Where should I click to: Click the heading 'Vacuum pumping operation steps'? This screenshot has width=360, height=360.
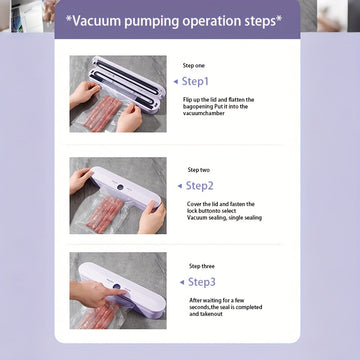pyautogui.click(x=174, y=21)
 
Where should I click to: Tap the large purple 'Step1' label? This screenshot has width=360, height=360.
pyautogui.click(x=195, y=82)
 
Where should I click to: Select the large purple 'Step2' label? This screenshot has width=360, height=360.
pyautogui.click(x=199, y=186)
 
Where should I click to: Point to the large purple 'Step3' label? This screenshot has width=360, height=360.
pyautogui.click(x=202, y=282)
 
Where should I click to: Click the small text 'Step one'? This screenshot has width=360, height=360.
pyautogui.click(x=194, y=66)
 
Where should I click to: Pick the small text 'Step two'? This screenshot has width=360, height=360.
pyautogui.click(x=199, y=170)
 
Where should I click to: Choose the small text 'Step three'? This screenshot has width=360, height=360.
pyautogui.click(x=202, y=266)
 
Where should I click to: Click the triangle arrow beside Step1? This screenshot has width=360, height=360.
pyautogui.click(x=176, y=82)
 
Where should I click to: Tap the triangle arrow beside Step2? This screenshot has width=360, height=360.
pyautogui.click(x=180, y=186)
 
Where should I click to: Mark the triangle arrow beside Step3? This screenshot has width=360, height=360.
pyautogui.click(x=182, y=282)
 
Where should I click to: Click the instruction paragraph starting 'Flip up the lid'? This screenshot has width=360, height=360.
pyautogui.click(x=218, y=106)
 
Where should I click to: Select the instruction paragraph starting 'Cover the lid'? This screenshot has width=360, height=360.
pyautogui.click(x=224, y=211)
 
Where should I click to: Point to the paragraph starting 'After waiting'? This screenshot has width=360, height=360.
pyautogui.click(x=226, y=307)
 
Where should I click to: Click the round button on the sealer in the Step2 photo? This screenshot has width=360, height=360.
pyautogui.click(x=120, y=187)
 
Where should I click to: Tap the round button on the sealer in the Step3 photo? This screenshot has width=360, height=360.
pyautogui.click(x=116, y=287)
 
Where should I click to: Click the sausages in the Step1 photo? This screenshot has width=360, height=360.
pyautogui.click(x=103, y=113)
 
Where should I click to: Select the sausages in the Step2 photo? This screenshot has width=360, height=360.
pyautogui.click(x=105, y=214)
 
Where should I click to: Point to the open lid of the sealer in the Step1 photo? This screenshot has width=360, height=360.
pyautogui.click(x=128, y=76)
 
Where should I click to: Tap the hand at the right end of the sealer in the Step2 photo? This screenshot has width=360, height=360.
pyautogui.click(x=152, y=217)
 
